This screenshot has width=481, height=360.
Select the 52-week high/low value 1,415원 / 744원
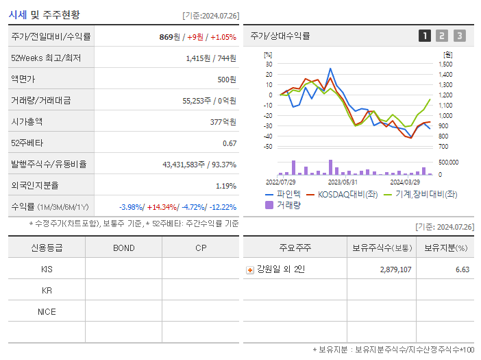tap(211, 58)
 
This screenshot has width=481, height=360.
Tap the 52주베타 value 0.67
tap(230, 143)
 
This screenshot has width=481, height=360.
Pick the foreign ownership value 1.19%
tap(226, 186)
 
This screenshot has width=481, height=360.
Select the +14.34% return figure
tap(161, 207)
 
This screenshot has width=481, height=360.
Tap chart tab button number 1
tap(425, 36)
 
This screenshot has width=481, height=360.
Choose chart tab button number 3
tap(459, 36)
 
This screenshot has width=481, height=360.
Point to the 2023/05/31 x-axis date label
tap(343, 182)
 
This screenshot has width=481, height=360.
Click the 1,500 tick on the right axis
tap(446, 64)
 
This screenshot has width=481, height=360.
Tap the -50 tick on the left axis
tap(268, 147)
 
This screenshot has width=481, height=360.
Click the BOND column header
tap(123, 248)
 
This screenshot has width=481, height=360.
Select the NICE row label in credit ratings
tap(47, 312)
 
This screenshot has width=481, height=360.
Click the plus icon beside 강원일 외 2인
tap(250, 269)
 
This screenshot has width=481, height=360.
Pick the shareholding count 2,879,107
tap(395, 269)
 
